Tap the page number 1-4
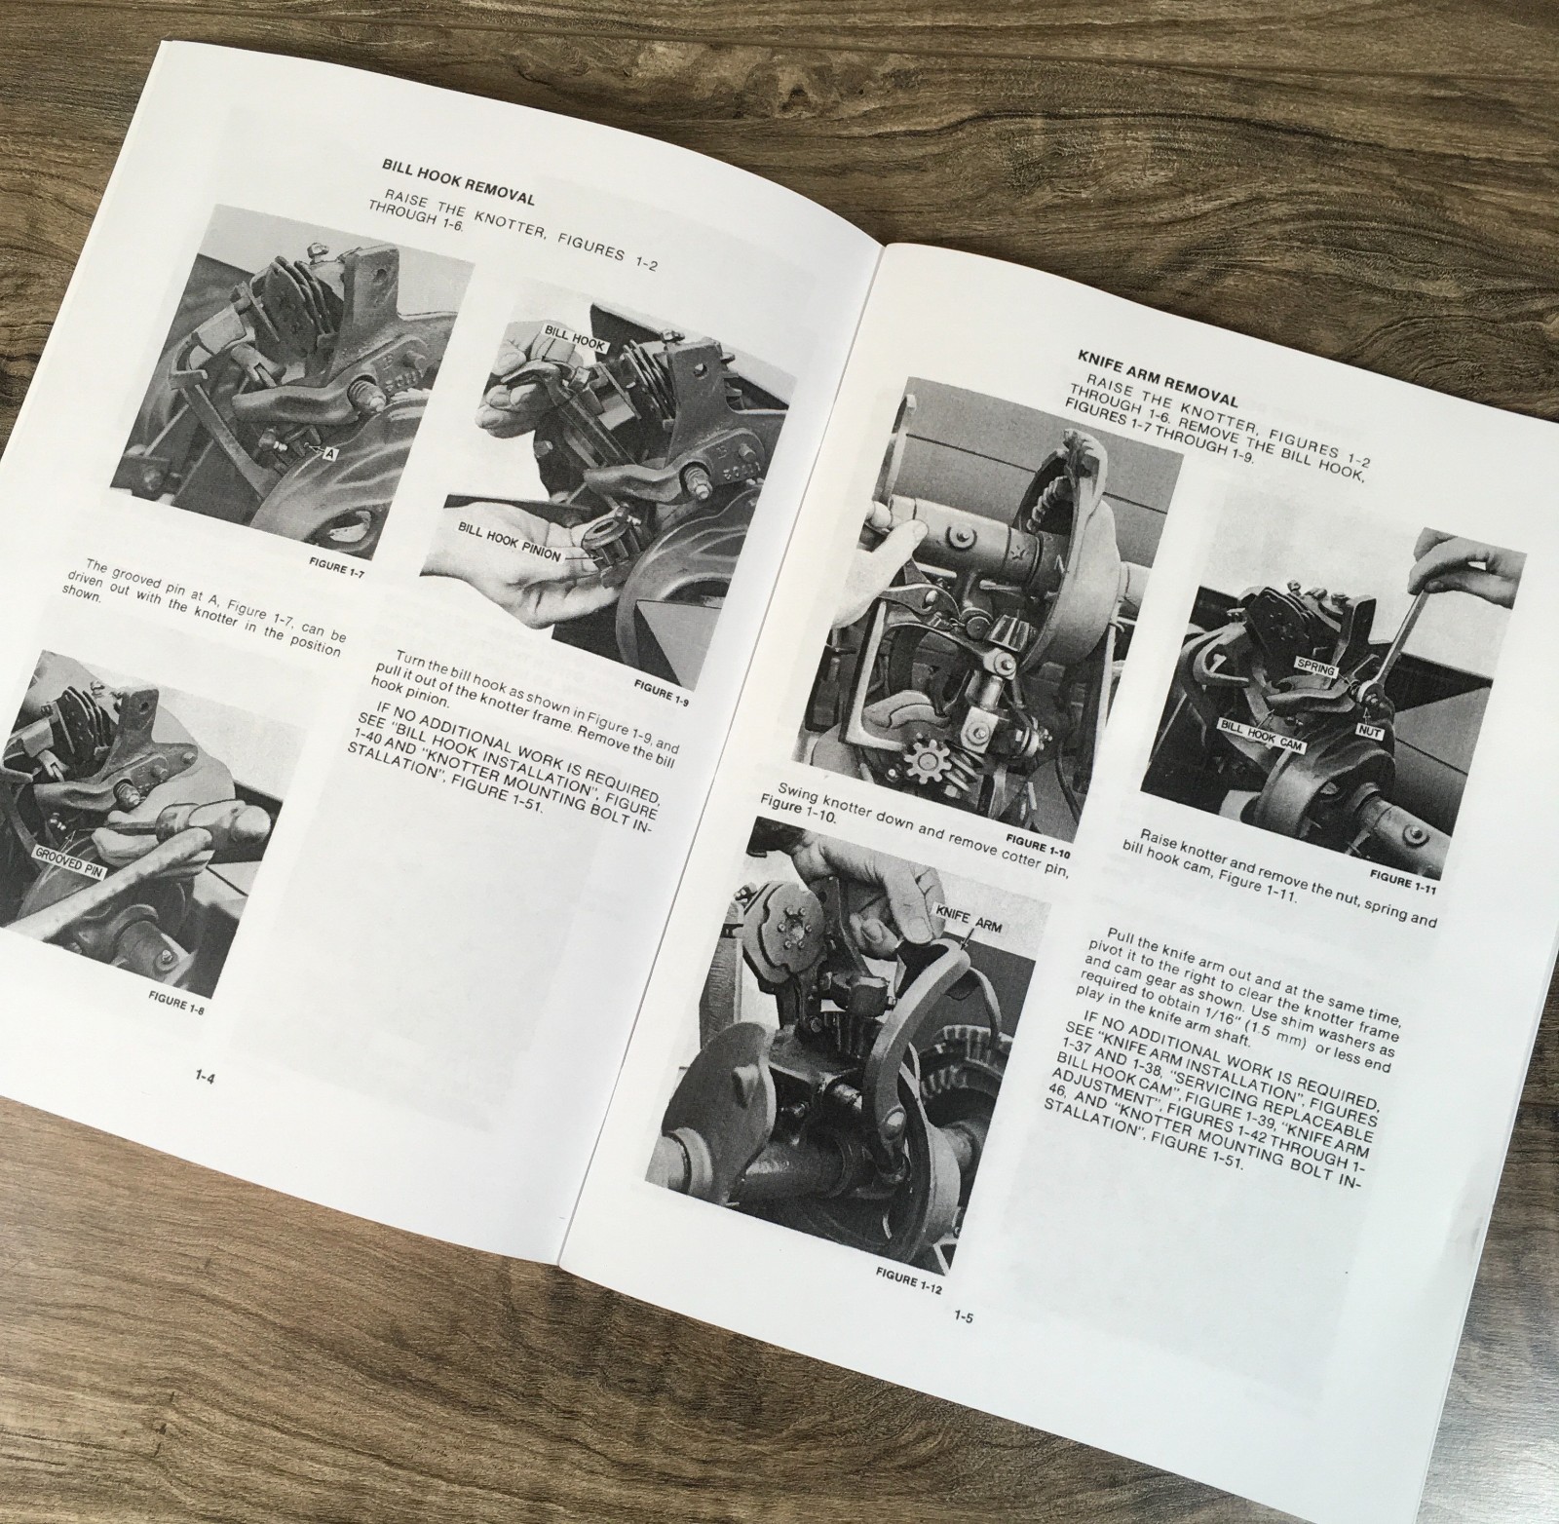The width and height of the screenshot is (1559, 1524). pyautogui.click(x=206, y=1076)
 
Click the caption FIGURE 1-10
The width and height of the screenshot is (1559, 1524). pyautogui.click(x=1035, y=837)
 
